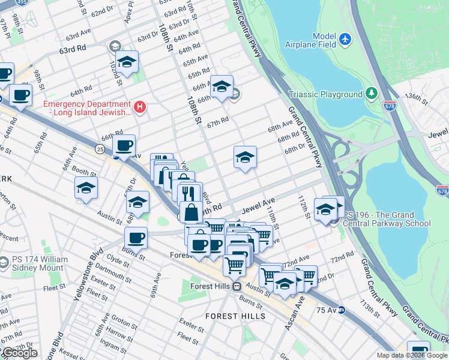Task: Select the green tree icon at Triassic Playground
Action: pos(372,94)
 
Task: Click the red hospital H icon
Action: pos(140,107)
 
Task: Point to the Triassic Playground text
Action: pos(325,94)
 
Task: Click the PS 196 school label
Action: pos(385,219)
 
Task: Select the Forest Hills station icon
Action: pos(237,286)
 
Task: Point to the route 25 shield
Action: pos(100,148)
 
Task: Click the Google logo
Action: pos(19,353)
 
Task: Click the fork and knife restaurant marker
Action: pos(190,193)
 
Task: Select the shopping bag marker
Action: pos(191,212)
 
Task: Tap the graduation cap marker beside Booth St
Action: pos(86,188)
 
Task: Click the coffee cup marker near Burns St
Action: pos(136,238)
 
